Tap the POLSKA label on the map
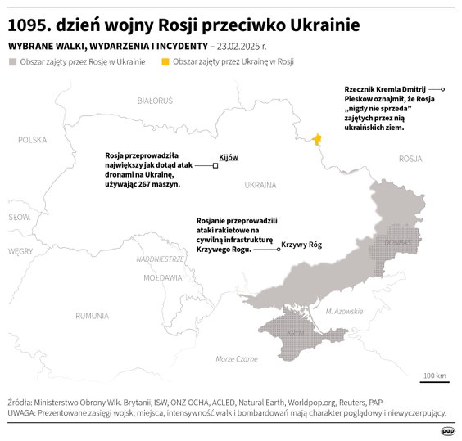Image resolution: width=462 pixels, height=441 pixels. coord(33,140)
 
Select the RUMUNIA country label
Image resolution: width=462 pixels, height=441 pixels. coord(91,315)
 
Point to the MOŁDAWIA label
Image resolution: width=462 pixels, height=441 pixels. coord(161,278)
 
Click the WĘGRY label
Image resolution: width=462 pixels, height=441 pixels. coord(20,251)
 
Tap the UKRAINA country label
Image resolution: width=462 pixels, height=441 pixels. coord(260,186)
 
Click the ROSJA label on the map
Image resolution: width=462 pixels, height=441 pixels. coord(409,159)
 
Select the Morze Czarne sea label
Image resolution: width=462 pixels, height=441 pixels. coord(236,359)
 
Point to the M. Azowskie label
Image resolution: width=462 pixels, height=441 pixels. coord(343,311)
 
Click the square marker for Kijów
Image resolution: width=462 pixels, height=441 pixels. coord(215,165)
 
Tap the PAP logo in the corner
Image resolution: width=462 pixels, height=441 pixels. coord(446,430)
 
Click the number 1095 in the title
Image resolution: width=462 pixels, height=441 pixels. coord(28,25)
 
